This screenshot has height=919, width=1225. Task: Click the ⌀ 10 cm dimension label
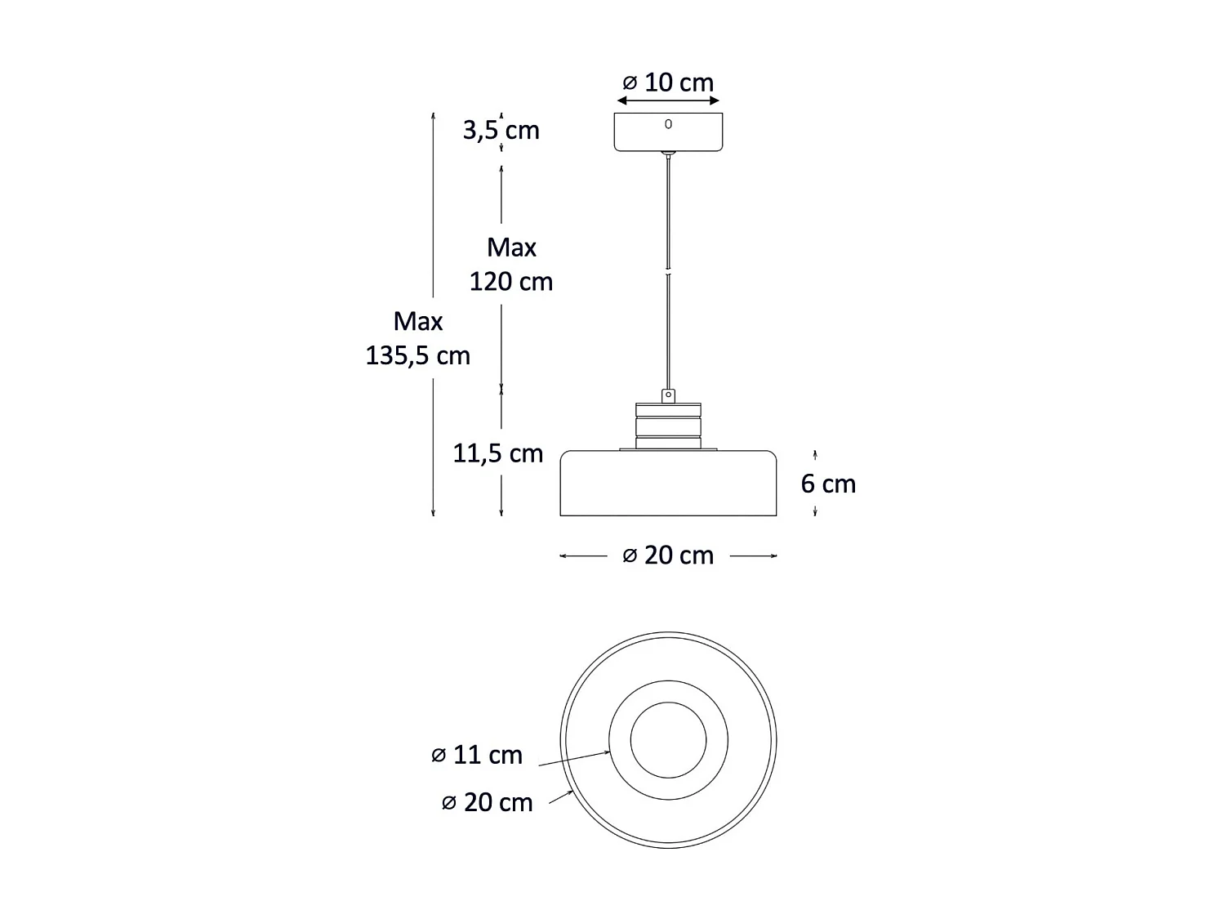coord(668,83)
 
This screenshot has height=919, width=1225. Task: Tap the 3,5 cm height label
coord(501,130)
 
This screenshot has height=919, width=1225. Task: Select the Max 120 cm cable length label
coord(511,264)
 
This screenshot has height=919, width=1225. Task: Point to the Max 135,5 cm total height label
coord(417,338)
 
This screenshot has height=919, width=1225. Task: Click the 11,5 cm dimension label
coord(498,453)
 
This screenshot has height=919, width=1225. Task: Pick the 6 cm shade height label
coord(828,484)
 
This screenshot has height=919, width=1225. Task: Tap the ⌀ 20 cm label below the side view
coord(668,555)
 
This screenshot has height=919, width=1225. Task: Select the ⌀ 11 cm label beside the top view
coord(477,755)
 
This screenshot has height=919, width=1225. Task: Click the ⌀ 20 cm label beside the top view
coord(488,802)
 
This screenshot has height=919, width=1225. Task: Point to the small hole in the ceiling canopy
coord(668,124)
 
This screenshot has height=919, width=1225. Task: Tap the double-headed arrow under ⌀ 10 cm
coord(668,101)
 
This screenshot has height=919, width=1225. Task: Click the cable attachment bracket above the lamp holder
coord(668,396)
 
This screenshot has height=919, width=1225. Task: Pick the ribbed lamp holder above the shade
coord(668,426)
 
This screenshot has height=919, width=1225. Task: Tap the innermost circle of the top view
coord(668,740)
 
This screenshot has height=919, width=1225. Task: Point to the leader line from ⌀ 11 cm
coord(572,759)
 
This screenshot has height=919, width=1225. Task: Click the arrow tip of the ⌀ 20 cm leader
coord(571,792)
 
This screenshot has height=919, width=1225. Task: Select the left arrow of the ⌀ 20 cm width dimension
coord(563,556)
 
